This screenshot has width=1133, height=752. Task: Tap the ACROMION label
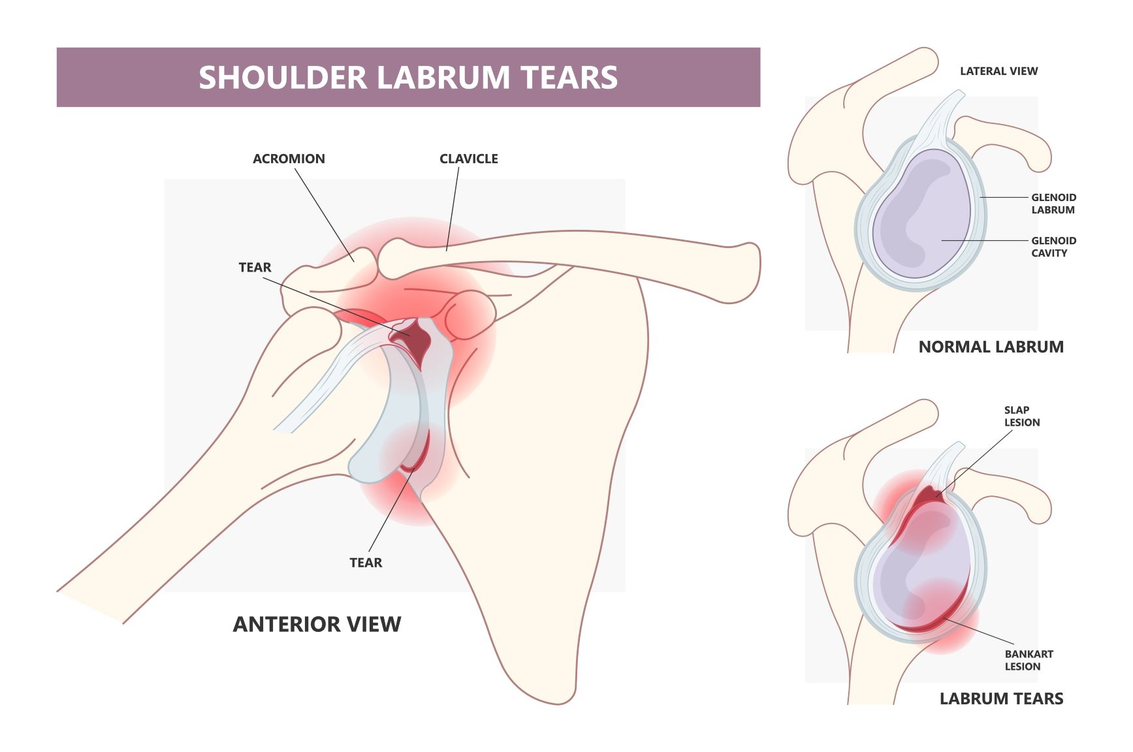point(289,159)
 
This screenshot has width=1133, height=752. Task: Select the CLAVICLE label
point(469,159)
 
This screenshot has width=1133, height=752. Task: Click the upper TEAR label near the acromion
point(255,268)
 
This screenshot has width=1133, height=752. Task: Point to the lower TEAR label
point(366,563)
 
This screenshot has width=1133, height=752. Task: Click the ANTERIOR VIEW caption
point(317,624)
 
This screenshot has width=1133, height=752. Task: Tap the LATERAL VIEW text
point(998,71)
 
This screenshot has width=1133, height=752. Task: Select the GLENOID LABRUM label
point(1053,204)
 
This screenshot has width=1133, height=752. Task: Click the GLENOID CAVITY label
point(1053,247)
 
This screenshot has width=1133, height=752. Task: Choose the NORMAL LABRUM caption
point(991,347)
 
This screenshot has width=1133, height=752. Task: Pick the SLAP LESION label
point(1022,416)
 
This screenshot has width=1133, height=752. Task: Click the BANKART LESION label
point(1029,660)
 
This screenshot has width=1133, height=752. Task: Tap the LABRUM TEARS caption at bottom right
point(1001,698)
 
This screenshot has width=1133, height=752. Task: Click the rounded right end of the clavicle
point(748,272)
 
